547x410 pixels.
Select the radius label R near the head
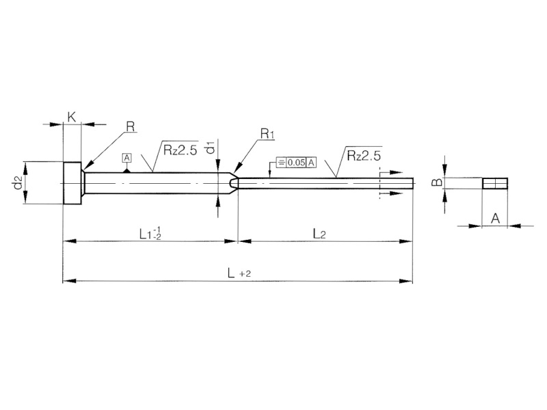coord(130,126)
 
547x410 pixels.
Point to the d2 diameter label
coord(18,182)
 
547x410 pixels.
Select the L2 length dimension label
coord(319,234)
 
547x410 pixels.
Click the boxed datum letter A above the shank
coord(126,158)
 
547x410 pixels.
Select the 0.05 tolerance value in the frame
coord(296,163)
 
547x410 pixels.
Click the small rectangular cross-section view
coord(494,183)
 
